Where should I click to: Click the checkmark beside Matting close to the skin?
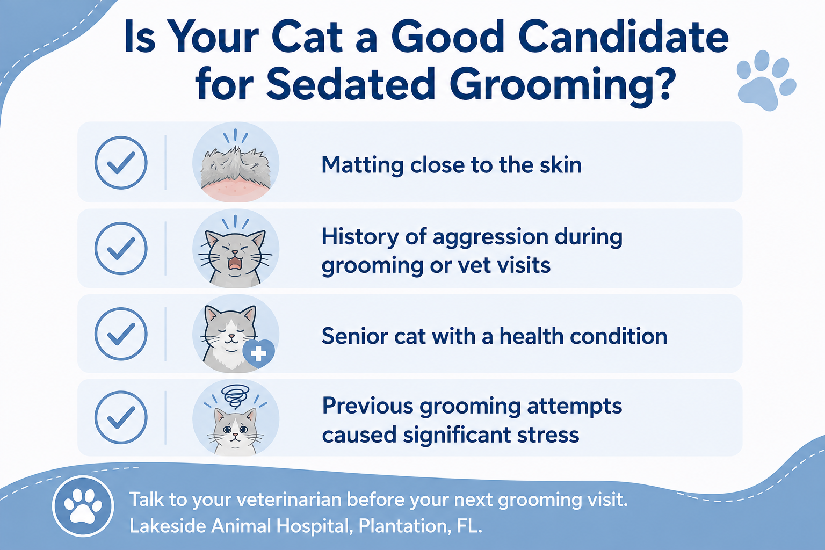120,162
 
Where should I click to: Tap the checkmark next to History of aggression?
120,248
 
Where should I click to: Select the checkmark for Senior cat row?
120,334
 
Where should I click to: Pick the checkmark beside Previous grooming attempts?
120,417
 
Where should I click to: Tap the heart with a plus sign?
258,353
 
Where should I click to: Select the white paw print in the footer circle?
83,506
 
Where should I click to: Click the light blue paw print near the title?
766,81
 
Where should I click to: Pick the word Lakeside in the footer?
167,526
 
